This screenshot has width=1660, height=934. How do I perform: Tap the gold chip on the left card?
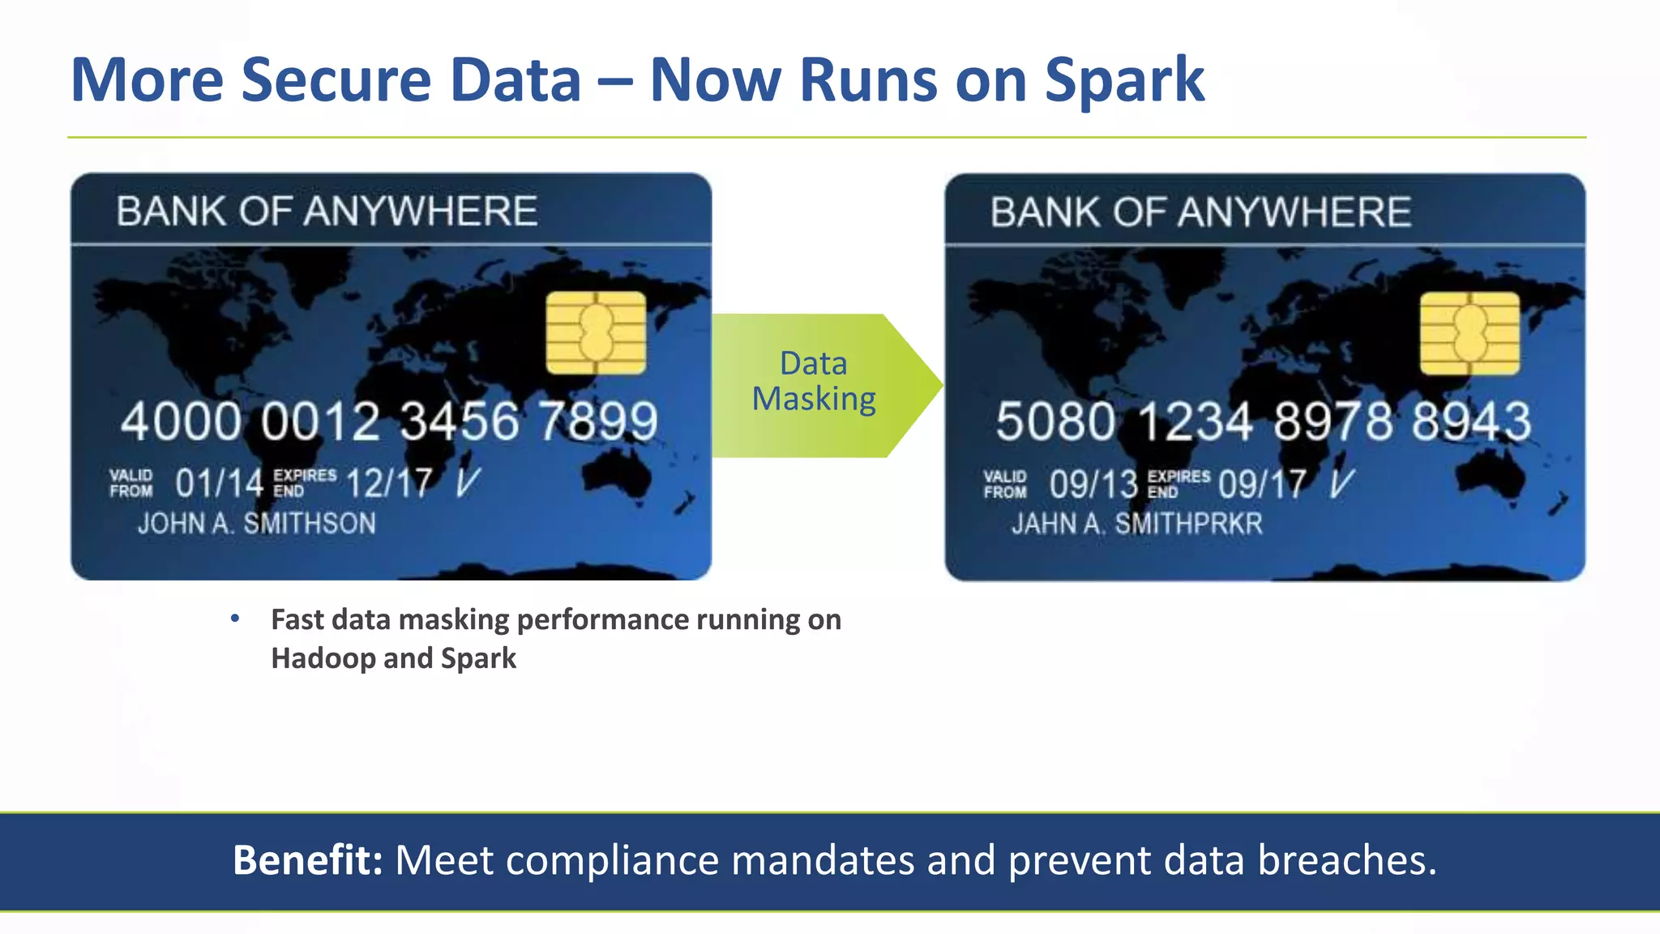(x=596, y=332)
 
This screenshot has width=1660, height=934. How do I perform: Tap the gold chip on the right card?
(x=1470, y=333)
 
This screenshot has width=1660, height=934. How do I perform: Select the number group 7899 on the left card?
(x=598, y=422)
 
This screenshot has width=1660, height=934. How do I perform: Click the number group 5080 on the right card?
(x=1055, y=422)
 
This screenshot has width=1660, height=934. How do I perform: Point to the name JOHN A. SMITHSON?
(x=256, y=524)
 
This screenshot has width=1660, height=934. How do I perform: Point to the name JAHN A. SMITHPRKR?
(x=1136, y=525)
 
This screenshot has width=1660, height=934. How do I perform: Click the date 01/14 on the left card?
(x=219, y=484)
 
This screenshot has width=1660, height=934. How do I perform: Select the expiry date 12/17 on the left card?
(x=389, y=484)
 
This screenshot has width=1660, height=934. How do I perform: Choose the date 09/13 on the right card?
(x=1093, y=485)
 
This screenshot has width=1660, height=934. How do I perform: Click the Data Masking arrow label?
(x=814, y=381)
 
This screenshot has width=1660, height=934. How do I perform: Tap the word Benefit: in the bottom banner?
(x=307, y=860)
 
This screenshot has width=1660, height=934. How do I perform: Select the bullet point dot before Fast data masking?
(x=235, y=619)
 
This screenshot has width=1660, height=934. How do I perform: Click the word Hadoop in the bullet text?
(x=323, y=658)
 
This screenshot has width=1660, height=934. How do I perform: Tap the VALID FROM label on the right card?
(x=1005, y=484)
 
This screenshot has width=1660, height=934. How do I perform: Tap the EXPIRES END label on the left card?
(x=304, y=482)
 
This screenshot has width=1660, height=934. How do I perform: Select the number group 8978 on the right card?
(x=1333, y=422)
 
